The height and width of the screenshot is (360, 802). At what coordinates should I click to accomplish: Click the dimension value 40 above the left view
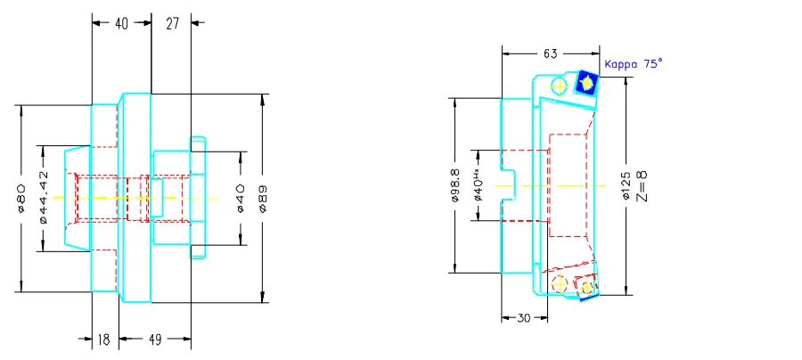tap(121, 24)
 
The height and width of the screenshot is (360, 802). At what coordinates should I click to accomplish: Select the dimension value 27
tap(173, 24)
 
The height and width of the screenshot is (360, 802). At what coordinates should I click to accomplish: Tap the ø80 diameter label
tap(20, 198)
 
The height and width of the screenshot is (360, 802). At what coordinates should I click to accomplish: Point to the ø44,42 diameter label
tap(44, 198)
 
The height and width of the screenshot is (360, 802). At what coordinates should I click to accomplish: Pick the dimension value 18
tap(104, 340)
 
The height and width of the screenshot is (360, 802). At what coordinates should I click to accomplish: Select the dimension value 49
tap(155, 340)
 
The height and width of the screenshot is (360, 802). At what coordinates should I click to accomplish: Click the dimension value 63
tap(549, 54)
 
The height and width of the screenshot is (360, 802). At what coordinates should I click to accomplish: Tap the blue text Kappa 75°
tap(634, 64)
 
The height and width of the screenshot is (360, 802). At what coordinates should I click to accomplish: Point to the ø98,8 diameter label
tap(456, 185)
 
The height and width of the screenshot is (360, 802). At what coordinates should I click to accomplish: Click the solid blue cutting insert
tap(586, 83)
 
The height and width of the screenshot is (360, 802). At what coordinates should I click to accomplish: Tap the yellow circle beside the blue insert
tap(560, 86)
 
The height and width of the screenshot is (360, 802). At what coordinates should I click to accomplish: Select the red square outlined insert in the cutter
tap(585, 287)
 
